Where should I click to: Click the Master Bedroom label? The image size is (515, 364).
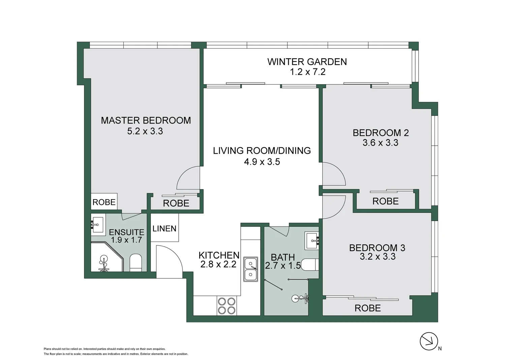pos(146,120)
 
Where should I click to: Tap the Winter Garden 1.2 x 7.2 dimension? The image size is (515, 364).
pos(308,72)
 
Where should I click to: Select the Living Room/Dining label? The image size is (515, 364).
pos(262,151)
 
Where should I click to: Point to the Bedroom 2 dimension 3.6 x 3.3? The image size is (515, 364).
pos(381,143)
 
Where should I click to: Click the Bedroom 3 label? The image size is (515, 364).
pos(377,248)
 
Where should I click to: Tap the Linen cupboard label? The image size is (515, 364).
pos(164,229)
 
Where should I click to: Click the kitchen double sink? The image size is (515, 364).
pos(251,269)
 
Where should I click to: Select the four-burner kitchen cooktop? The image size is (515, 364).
pos(227,306)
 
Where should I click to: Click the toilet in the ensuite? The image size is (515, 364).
pos(136,263)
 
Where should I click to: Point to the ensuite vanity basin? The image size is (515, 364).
pos(98,225)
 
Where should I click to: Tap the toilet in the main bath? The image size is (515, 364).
pos(310,265)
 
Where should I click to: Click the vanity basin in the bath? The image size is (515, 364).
pos(312,241)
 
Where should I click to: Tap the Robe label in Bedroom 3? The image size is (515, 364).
pos(368,308)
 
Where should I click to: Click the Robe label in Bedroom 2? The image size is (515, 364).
pos(385,202)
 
